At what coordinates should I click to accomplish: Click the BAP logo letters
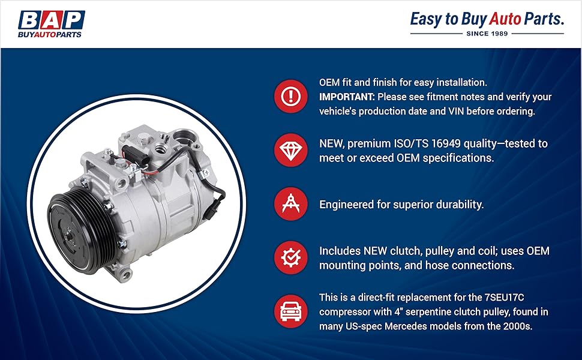[52, 19]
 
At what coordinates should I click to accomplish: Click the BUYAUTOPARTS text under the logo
[52, 34]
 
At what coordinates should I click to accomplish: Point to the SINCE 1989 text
[487, 34]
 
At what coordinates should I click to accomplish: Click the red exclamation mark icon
[291, 95]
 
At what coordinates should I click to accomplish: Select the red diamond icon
[291, 151]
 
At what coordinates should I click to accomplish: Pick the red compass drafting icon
[291, 204]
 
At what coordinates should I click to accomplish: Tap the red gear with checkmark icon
[291, 257]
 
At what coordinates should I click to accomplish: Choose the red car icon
[291, 311]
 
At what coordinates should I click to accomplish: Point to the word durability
[457, 205]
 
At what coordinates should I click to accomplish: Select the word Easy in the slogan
[425, 19]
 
